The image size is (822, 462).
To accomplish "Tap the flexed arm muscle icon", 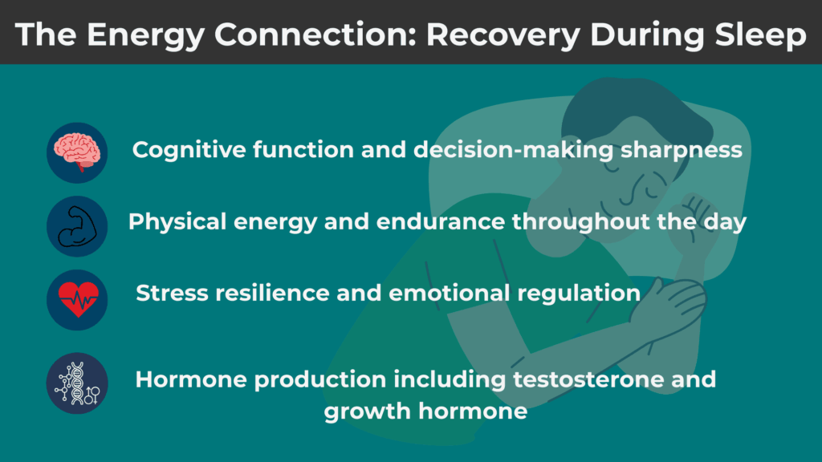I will [x=77, y=226].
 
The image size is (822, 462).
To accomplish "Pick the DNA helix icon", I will [x=77, y=383].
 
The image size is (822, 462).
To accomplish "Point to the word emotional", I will [x=442, y=293].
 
